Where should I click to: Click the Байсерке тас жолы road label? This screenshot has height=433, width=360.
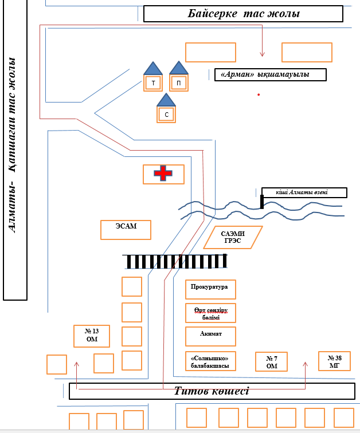[x=243, y=14]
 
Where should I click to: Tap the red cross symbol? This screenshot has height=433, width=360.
[x=163, y=174]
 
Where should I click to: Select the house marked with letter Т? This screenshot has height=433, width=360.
[x=153, y=82]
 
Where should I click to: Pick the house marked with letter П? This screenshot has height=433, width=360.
[x=179, y=82]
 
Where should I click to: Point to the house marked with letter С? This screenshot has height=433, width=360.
[x=166, y=113]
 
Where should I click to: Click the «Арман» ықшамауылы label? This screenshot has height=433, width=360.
[x=269, y=74]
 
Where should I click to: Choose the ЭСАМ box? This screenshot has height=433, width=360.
[x=126, y=229]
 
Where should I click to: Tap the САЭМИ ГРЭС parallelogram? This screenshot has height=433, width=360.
[x=233, y=237]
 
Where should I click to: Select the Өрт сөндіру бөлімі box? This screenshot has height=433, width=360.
[x=210, y=313]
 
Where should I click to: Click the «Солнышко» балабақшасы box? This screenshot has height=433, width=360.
[x=210, y=361]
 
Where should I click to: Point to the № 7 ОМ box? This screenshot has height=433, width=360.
[x=272, y=362]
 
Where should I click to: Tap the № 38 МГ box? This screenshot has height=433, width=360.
[x=334, y=361]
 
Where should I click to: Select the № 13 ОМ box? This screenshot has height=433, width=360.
[x=92, y=336]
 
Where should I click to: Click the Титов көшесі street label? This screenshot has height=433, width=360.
[x=212, y=391]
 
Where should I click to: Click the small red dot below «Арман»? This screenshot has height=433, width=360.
[x=259, y=94]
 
